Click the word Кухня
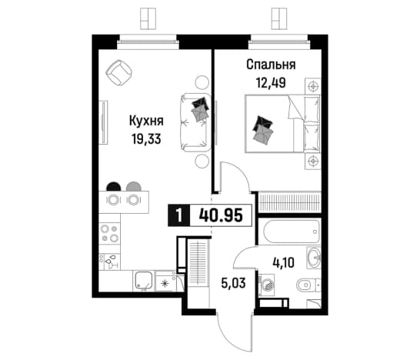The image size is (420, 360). point(146,121)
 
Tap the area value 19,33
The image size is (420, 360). point(146,138)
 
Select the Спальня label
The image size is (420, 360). point(271,65)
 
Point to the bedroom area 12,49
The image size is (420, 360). point(271,83)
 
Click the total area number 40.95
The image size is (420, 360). point(221,215)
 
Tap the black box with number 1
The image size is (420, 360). point(179,215)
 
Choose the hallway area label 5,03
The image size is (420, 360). point(233,283)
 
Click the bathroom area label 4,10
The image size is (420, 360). point(283,262)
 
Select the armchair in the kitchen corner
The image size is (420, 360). point(119,72)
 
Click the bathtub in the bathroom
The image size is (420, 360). point(292,232)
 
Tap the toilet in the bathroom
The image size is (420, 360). point(308,285)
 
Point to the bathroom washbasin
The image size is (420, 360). point(313,257)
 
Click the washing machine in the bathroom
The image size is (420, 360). point(266,285)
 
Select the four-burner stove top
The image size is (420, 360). point(109,233)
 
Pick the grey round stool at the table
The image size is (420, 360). point(133,186)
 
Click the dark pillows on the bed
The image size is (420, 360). point(263,130)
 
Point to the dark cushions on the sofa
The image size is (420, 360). point(200,109)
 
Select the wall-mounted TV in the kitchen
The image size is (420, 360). point(103,122)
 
